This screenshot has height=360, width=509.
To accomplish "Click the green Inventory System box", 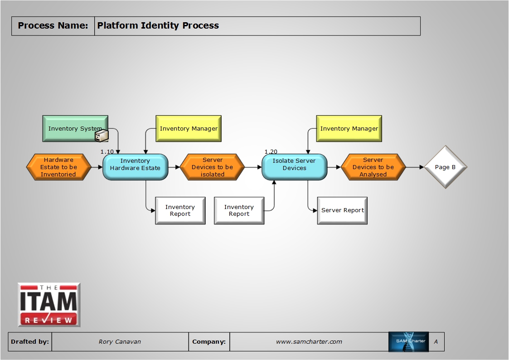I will point(73,128).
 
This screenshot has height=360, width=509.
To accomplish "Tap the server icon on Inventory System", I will point(102,136).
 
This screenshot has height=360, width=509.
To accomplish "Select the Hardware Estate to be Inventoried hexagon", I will point(58,167).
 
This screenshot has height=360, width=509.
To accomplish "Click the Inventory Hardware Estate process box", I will point(135,167).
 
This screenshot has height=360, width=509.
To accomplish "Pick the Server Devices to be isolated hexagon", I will point(212,167).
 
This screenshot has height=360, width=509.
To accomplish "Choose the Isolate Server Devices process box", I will point(294,167).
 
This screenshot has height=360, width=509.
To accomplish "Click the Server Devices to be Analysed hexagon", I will point(373,167).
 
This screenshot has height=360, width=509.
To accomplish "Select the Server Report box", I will point(342,210).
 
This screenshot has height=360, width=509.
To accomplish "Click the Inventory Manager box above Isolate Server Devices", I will point(349,129).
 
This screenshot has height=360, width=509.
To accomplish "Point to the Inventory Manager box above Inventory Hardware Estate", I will point(189,129).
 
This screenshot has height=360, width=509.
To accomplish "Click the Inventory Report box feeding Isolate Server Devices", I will point(239,210).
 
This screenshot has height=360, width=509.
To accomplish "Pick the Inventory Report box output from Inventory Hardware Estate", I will point(180,210).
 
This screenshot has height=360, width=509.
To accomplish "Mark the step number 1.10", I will point(107,151).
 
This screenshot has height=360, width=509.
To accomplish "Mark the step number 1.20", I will point(271,151).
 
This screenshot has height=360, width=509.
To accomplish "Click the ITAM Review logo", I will point(49,305).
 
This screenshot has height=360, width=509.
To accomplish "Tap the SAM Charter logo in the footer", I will point(408,342).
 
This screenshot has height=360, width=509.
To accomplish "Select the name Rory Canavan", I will point(120,342).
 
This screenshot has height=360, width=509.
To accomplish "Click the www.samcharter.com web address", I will point(309,342).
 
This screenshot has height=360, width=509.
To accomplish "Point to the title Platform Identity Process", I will point(158,26).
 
